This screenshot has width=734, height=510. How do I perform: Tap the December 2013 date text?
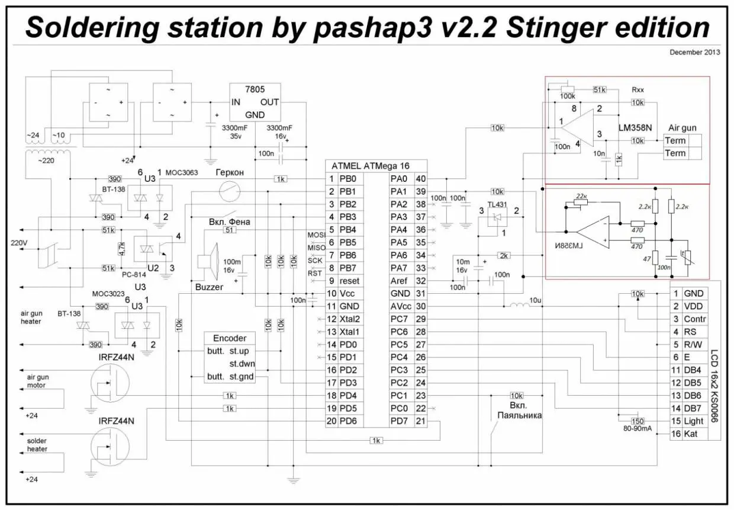pyautogui.click(x=694, y=52)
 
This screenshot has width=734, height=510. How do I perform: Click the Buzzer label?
pyautogui.click(x=209, y=287)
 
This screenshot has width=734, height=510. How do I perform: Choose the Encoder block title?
pyautogui.click(x=229, y=338)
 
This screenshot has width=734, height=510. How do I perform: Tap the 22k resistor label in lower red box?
pyautogui.click(x=582, y=196)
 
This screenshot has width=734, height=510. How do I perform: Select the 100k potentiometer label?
pyautogui.click(x=567, y=95)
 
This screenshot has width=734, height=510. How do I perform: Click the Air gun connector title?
pyautogui.click(x=682, y=127)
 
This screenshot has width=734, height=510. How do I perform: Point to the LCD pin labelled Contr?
pyautogui.click(x=694, y=319)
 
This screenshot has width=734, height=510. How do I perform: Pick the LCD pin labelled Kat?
pyautogui.click(x=691, y=434)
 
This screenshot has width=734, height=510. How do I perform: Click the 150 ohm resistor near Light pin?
pyautogui.click(x=638, y=421)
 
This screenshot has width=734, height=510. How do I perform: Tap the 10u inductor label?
pyautogui.click(x=536, y=301)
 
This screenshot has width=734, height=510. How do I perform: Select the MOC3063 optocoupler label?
pyautogui.click(x=182, y=172)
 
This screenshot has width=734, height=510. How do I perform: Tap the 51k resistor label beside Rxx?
pyautogui.click(x=600, y=90)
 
